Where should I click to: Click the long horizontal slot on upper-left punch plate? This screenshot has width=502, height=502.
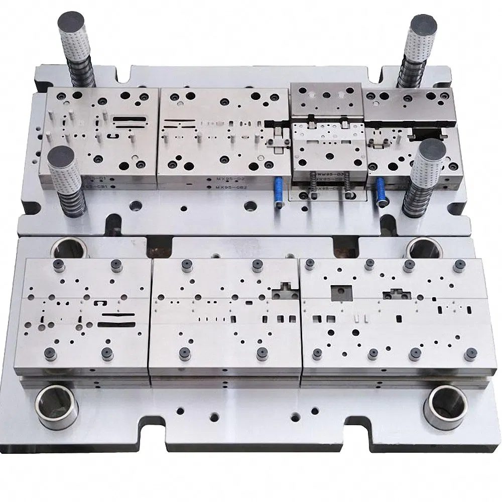tap(129, 119)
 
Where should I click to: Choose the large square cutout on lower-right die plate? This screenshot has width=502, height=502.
tap(341, 292)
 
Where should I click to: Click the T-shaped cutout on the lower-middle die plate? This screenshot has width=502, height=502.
tap(283, 292)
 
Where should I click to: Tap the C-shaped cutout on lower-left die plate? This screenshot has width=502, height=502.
tap(101, 304)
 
